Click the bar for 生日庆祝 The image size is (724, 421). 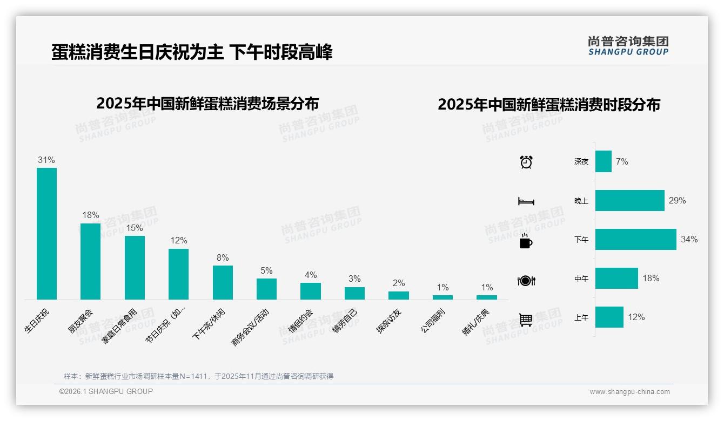tap(46, 233)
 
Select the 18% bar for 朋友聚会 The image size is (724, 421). tap(90, 261)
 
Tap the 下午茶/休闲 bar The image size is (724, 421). tap(223, 282)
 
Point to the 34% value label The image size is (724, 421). tap(689, 239)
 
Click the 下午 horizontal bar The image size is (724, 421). tap(635, 239)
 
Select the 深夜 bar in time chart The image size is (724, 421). tap(603, 161)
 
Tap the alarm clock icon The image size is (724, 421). tap(526, 161)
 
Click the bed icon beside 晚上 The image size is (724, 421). tap(526, 201)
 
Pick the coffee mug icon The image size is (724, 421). tap(526, 241)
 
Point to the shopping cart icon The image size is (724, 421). tap(526, 320)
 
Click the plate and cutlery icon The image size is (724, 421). tap(526, 281)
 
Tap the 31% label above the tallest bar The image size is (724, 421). tap(46, 160)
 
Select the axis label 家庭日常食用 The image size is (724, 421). tap(119, 327)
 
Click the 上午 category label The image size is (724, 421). tap(581, 317)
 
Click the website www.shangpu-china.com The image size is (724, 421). tap(629, 391)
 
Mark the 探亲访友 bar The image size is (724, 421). tap(398, 295)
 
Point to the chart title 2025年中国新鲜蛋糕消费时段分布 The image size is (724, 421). tap(549, 104)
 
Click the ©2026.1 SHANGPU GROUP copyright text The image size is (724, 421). tap(106, 391)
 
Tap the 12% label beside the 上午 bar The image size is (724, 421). tap(636, 317)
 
